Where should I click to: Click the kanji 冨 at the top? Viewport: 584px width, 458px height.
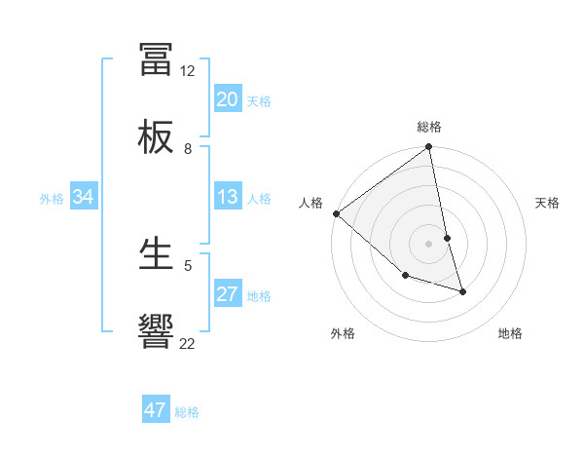[x=156, y=60]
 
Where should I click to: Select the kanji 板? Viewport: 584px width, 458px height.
[x=156, y=137]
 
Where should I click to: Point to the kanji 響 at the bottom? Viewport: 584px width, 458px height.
[x=156, y=331]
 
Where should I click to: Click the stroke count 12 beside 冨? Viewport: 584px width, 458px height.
[x=188, y=71]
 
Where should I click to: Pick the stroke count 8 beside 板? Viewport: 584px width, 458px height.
[x=188, y=148]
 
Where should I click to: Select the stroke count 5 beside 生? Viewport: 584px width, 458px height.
[x=188, y=264]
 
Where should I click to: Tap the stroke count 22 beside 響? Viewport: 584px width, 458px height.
[x=188, y=342]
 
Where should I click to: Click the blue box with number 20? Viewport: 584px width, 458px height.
[x=227, y=99]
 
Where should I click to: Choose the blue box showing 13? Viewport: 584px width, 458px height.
[x=227, y=197]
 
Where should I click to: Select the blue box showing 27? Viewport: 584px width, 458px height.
[x=227, y=294]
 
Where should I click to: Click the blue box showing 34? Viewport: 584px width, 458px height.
[x=83, y=197]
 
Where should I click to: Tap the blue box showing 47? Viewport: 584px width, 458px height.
[x=155, y=410]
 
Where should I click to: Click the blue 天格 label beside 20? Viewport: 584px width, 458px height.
[x=259, y=100]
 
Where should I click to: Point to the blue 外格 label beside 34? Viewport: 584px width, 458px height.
[x=52, y=198]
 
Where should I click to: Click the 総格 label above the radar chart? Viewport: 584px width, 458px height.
[x=429, y=127]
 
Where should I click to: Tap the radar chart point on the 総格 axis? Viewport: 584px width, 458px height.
[x=429, y=148]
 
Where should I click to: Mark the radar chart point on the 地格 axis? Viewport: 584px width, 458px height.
[x=462, y=291]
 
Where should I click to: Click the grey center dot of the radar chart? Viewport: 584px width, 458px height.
[x=429, y=244]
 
